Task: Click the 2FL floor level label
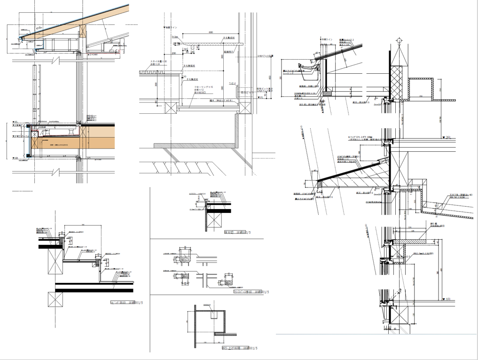tap(447, 137)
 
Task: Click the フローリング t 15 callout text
tap(203, 87)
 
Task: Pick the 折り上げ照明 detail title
tap(239, 348)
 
